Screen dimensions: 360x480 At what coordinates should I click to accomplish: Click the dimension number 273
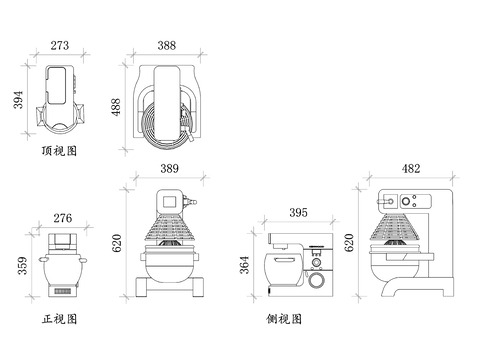coord(60,46)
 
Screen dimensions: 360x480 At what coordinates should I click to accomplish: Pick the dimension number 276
coord(62,217)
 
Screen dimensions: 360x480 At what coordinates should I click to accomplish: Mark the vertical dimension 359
coord(21,267)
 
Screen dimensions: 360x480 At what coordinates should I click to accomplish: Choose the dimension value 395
coord(297,213)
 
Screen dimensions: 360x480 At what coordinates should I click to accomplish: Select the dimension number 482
coord(410,170)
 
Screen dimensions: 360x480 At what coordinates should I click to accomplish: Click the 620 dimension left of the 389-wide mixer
coord(116,241)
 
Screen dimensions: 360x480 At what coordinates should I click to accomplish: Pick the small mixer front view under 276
coord(63,265)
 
